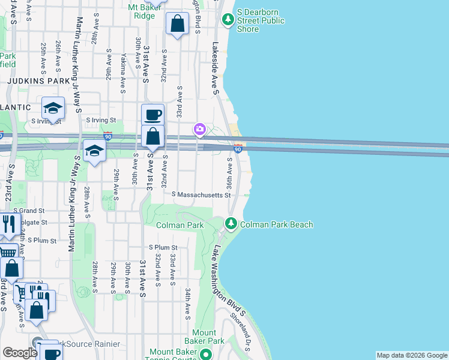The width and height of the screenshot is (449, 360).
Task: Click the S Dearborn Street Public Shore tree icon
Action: pyautogui.click(x=228, y=20)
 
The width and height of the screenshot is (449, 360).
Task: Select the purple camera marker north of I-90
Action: pyautogui.click(x=199, y=129)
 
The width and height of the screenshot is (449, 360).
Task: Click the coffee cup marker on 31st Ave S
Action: pyautogui.click(x=152, y=114)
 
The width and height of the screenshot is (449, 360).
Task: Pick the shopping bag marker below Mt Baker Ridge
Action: pyautogui.click(x=178, y=25)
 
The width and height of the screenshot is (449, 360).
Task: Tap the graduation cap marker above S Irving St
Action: pyautogui.click(x=53, y=109)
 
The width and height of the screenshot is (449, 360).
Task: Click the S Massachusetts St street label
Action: pyautogui.click(x=201, y=195)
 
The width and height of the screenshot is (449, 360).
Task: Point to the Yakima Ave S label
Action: pyautogui.click(x=122, y=71)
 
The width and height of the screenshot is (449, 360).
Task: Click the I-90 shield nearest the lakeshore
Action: pyautogui.click(x=238, y=148)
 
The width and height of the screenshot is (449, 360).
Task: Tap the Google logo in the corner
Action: pyautogui.click(x=20, y=353)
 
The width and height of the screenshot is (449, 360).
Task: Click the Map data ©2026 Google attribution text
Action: pyautogui.click(x=411, y=355)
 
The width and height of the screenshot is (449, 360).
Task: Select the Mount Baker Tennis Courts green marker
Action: pyautogui.click(x=206, y=355)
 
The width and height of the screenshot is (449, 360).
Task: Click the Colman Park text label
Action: pyautogui.click(x=179, y=225)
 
